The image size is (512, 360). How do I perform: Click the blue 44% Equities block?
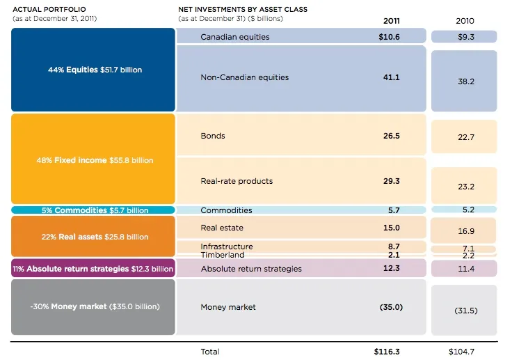93,70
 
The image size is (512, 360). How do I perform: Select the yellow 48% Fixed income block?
93,159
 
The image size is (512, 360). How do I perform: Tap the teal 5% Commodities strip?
93,210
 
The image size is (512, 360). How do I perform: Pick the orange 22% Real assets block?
93,237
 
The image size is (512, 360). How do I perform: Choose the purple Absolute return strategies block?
93,269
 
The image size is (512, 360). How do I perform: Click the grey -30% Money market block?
93,306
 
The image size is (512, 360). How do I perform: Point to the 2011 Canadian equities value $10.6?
388,37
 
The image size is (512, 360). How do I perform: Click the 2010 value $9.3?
465,37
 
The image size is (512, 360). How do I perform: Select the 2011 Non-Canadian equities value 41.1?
392,77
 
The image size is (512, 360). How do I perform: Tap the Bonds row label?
212,136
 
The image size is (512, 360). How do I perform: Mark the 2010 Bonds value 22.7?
465,138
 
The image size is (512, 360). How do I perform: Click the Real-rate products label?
237,181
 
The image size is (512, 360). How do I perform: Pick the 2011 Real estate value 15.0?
392,228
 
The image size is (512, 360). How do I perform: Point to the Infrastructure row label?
227,246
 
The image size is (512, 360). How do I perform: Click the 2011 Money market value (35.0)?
391,307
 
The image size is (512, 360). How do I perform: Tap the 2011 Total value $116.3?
387,352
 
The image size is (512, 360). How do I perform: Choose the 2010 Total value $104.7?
464,352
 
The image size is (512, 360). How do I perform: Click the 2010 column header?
465,21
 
